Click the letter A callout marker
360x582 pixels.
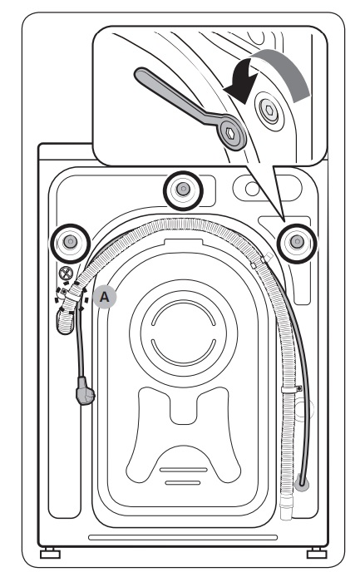[105, 297]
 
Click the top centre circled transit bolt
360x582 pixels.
[183, 190]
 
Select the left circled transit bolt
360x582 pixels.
[70, 243]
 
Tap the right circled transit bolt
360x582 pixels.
[297, 242]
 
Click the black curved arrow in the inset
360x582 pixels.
[242, 82]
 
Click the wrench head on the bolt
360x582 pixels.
[230, 134]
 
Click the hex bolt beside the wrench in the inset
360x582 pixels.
[269, 111]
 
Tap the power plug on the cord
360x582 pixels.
[85, 391]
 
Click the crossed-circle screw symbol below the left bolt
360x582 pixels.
[66, 274]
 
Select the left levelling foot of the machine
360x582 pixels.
[50, 553]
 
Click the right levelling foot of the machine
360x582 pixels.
[317, 553]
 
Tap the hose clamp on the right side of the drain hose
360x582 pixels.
[291, 389]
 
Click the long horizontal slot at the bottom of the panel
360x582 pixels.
[183, 537]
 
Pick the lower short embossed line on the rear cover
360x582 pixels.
[183, 483]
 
